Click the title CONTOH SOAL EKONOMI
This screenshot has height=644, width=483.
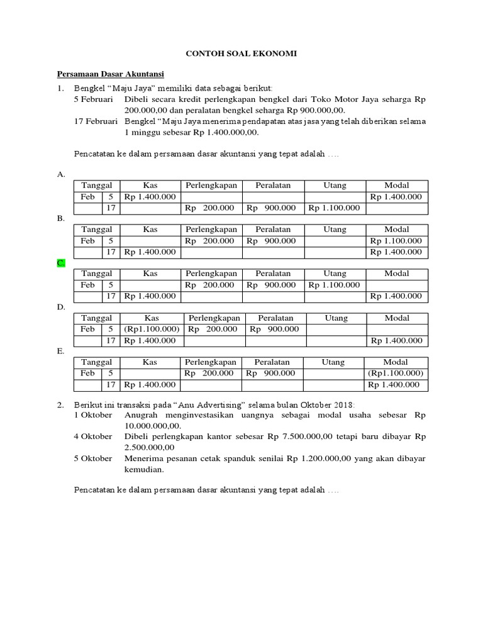coord(241,55)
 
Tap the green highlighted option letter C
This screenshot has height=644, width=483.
coord(61,263)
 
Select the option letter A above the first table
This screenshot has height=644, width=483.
coord(61,174)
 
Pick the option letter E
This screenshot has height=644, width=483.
coord(61,352)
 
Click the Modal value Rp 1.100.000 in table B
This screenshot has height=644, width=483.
coord(396,241)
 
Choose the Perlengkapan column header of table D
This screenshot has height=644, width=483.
coord(214,318)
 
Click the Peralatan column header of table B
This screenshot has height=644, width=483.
coord(273,230)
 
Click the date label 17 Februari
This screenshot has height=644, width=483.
coord(95,121)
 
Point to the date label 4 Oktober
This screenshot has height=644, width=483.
coord(93,436)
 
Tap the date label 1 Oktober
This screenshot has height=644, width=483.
coord(93,415)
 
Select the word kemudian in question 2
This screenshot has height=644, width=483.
coord(146,469)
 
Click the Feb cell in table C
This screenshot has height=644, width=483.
coord(87,285)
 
